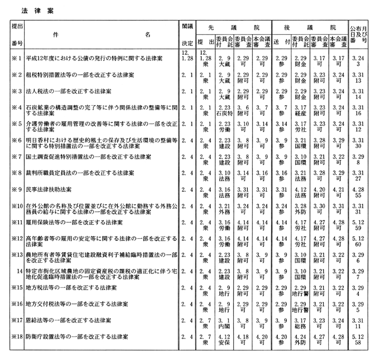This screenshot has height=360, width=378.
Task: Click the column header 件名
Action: [101, 34]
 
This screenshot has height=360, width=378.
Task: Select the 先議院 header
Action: [232, 27]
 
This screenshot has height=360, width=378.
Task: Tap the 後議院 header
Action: [308, 27]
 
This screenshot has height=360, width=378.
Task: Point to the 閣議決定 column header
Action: [187, 34]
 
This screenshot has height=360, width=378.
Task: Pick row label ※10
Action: [15, 207]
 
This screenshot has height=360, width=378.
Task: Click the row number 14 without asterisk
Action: [18, 271]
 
